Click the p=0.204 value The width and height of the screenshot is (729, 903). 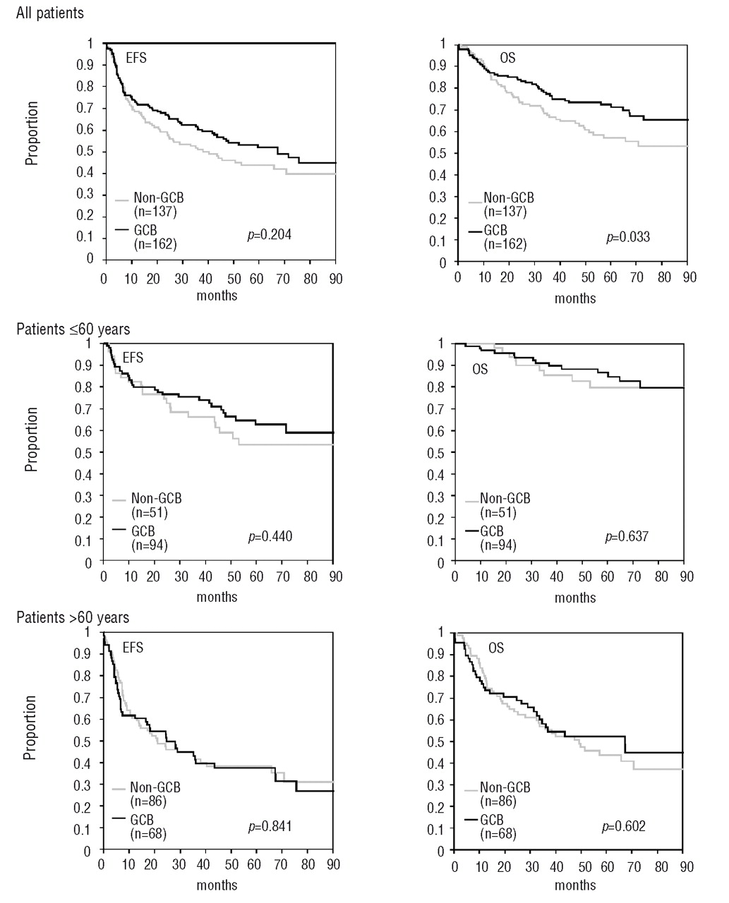269,234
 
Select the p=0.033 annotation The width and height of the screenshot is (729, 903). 628,237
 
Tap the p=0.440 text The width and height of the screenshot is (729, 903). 270,537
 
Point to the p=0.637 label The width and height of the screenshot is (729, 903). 627,537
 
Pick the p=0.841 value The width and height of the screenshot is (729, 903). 270,826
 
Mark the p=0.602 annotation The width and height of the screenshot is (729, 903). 623,826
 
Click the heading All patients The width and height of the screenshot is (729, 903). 49,13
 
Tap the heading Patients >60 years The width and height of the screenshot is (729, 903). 73,617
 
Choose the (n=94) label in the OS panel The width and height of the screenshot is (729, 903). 498,545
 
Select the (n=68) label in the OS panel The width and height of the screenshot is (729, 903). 498,834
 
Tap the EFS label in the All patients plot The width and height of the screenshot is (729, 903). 135,58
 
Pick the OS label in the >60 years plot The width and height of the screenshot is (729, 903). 496,647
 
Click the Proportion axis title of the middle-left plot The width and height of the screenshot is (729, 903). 32,439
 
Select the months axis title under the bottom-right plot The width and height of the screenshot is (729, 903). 575,885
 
